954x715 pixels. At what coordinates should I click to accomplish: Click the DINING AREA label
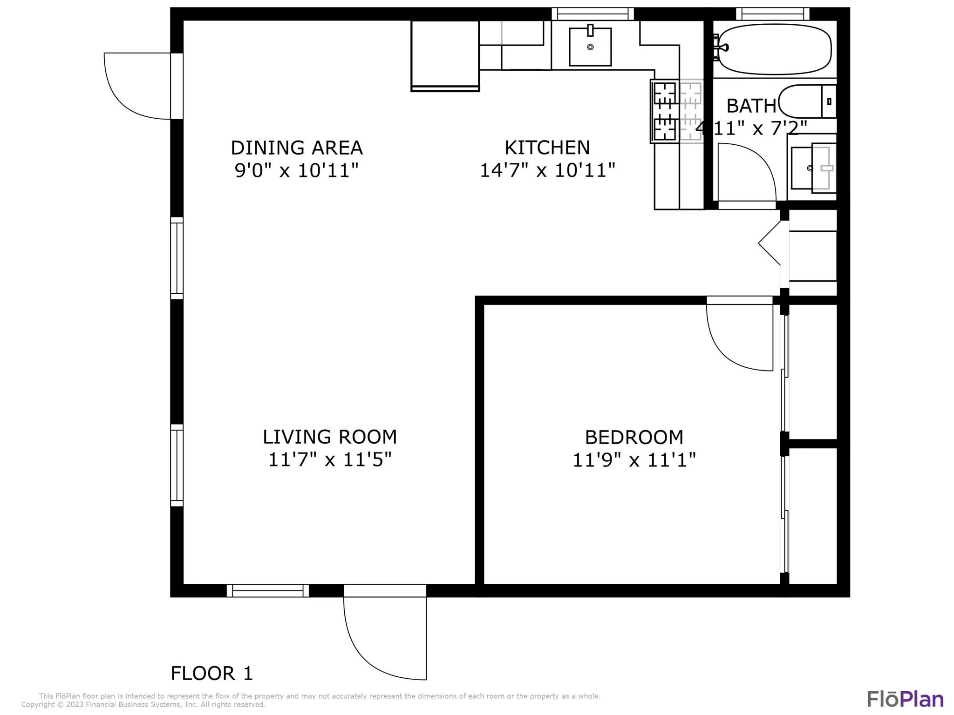pos(297,148)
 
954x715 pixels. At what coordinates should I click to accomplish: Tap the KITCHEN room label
pos(547,148)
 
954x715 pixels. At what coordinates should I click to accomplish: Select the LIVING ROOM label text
pos(330,437)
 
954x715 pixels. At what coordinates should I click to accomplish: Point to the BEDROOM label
pos(634,438)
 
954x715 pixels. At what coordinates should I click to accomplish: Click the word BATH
pos(751,106)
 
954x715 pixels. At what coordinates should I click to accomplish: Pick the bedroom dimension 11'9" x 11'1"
pos(634,460)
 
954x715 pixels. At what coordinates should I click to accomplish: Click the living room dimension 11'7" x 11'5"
pos(330,459)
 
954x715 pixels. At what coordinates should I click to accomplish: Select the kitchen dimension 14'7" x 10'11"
pos(547,170)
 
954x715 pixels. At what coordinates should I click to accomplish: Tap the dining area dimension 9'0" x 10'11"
pos(297,170)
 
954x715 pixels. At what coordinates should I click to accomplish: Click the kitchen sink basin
pos(590,47)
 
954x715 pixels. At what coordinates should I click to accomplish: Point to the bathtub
pos(775,49)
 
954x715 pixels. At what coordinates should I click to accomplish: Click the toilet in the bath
pos(807,101)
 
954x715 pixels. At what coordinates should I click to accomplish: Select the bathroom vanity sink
pos(813,168)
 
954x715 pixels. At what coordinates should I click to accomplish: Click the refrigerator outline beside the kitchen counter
pos(445,56)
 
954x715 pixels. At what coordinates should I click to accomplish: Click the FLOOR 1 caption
pos(212,674)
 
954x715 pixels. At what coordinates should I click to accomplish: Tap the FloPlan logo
pos(905,699)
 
